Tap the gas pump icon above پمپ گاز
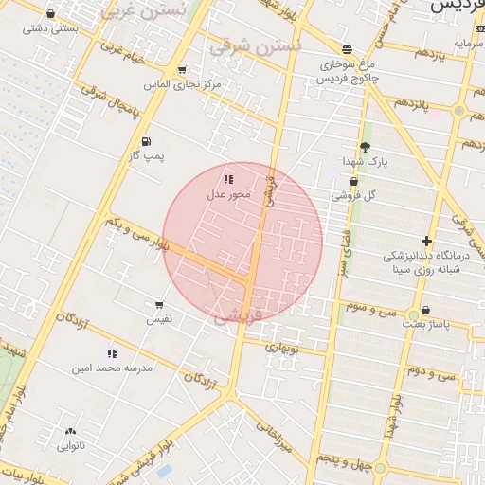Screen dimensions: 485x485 pos(146,141)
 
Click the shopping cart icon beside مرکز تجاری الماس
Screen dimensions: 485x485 pos(181,70)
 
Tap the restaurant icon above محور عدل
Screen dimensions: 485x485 pos(227,178)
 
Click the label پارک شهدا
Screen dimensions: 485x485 pos(365,162)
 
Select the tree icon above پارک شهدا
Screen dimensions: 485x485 pos(365,147)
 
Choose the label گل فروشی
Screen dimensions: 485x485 pos(353,195)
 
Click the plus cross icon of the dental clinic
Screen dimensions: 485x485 pos(427,241)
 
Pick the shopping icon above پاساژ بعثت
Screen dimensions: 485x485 pos(425,310)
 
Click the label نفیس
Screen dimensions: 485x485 pos(159,319)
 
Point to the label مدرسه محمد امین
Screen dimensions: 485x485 pos(112,367)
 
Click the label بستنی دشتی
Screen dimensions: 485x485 pos(49,28)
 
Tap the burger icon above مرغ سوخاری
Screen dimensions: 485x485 pos(348,49)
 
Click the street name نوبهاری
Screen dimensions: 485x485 pos(280,348)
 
